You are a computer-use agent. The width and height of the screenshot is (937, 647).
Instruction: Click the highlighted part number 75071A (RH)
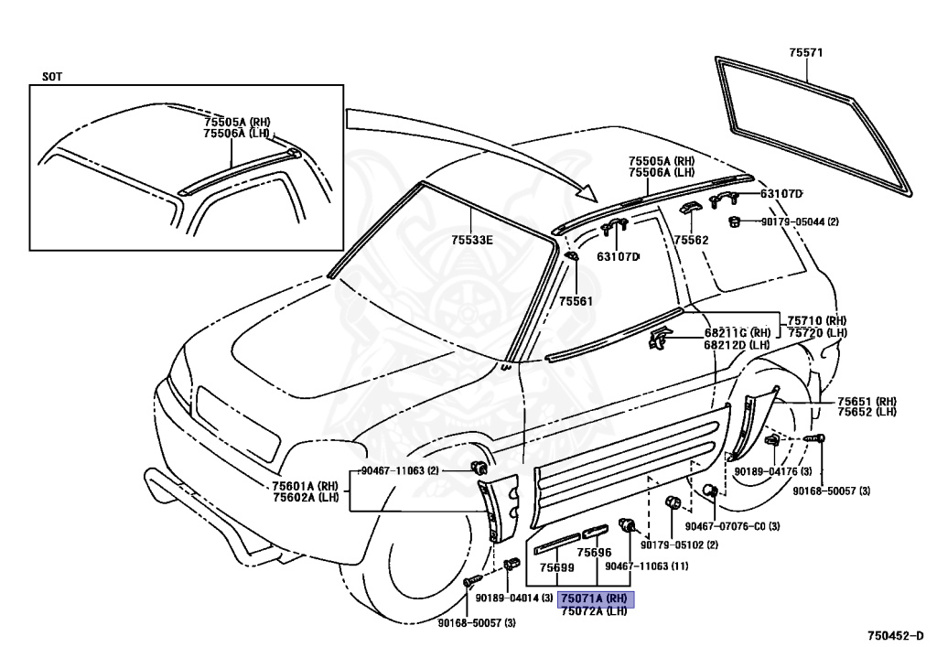click(x=595, y=598)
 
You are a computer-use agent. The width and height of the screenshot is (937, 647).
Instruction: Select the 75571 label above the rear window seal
click(x=805, y=52)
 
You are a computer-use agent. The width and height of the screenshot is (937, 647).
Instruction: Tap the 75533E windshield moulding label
click(x=471, y=240)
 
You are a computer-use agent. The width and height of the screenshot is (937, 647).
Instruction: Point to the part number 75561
click(x=576, y=301)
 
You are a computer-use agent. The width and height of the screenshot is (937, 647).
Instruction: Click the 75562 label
click(x=692, y=240)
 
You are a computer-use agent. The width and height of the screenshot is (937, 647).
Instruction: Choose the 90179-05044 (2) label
click(x=800, y=221)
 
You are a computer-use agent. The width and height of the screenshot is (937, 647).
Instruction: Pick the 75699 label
click(x=556, y=567)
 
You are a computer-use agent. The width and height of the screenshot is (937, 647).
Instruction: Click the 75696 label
click(x=595, y=553)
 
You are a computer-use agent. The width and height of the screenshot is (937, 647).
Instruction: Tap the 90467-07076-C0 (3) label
click(x=732, y=526)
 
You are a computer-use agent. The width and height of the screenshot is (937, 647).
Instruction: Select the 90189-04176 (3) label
click(x=772, y=471)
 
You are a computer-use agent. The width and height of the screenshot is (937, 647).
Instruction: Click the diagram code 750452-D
click(x=899, y=636)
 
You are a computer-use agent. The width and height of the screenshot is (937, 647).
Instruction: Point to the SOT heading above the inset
click(x=52, y=77)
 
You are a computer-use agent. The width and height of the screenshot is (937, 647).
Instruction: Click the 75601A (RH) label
click(x=305, y=486)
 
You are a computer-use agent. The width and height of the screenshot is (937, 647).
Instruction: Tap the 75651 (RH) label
click(x=867, y=402)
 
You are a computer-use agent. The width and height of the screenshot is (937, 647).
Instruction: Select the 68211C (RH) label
click(x=737, y=333)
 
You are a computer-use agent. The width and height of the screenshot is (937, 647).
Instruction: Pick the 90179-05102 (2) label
click(x=680, y=545)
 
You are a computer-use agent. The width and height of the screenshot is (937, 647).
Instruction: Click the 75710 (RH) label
click(x=816, y=321)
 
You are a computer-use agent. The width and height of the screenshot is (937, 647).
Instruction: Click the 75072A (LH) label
click(x=594, y=610)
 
